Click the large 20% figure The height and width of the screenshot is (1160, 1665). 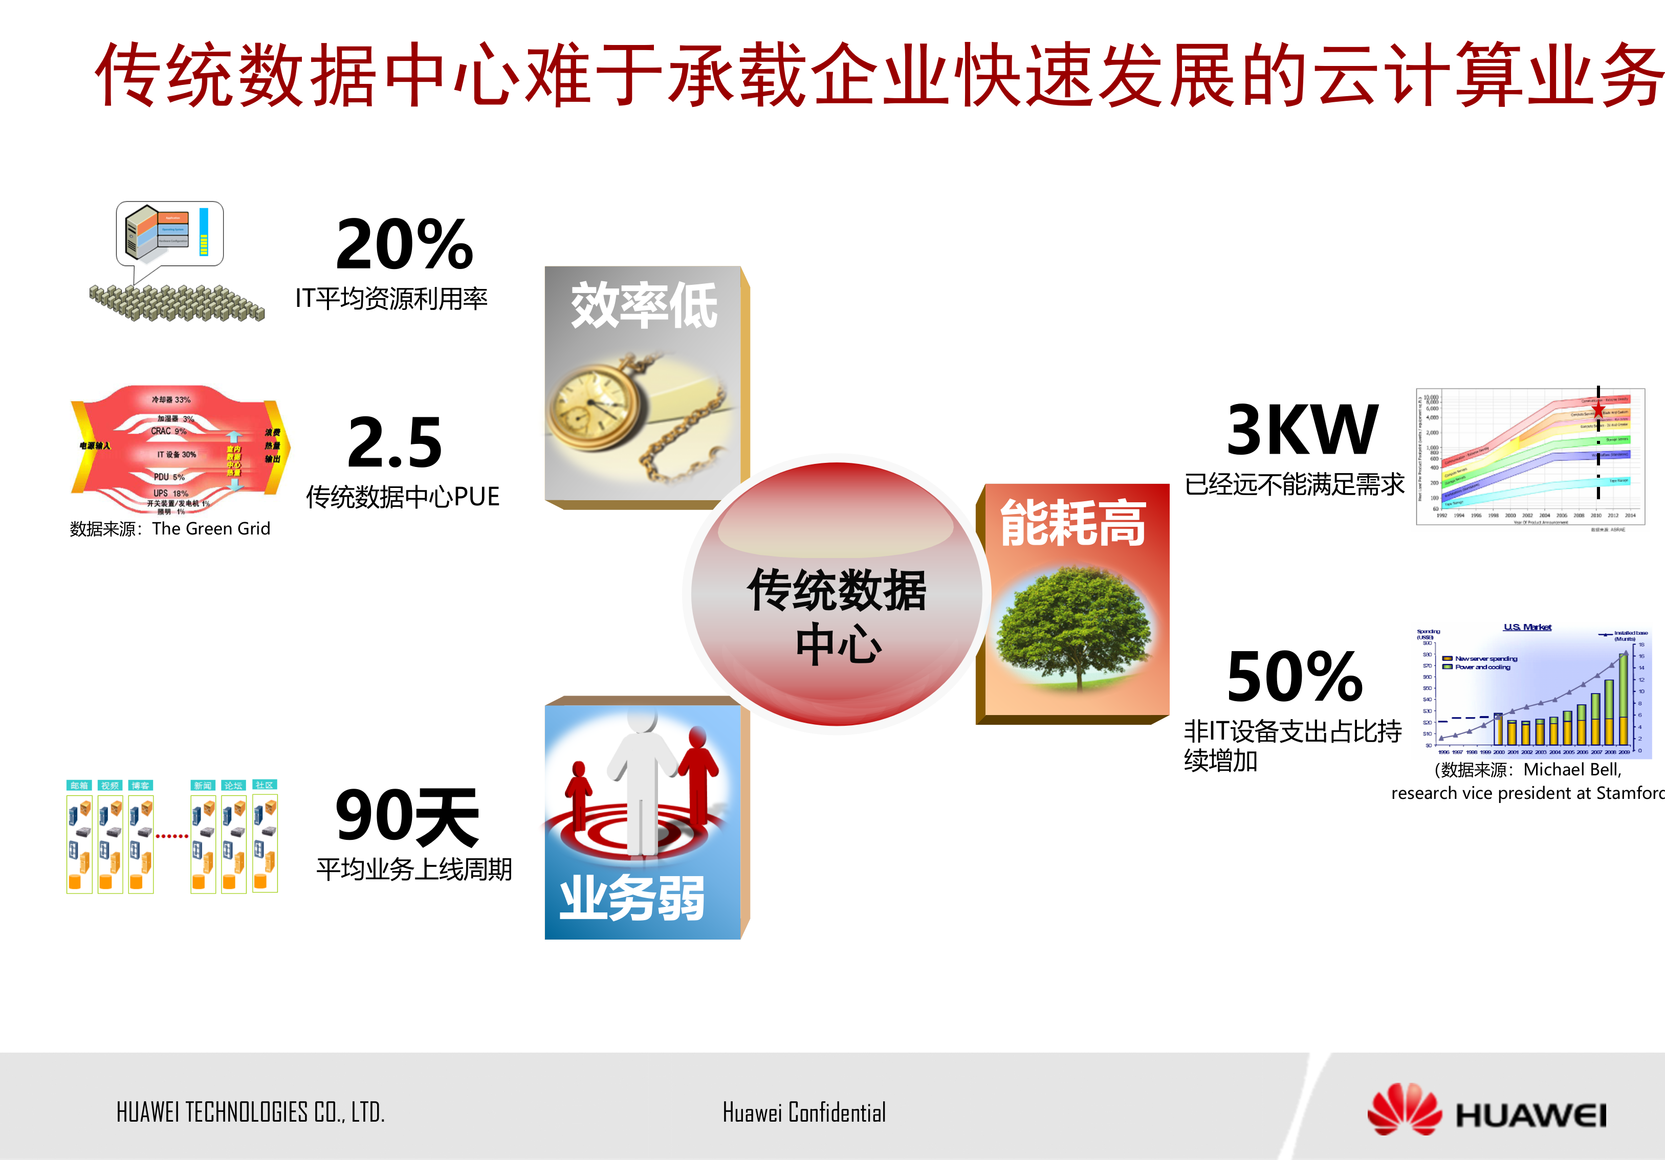coord(405,244)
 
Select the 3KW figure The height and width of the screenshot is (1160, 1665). coord(1302,430)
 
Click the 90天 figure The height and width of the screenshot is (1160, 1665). coord(407,817)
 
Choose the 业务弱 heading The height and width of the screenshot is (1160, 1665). coord(631,898)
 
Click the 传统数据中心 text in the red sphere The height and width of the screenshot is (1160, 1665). coord(838,616)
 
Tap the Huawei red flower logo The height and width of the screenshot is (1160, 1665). coord(1404,1109)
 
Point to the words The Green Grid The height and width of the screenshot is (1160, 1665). coord(211,528)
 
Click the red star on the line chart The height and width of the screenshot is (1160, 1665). coord(1597,410)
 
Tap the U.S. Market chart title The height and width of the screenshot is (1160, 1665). coord(1527,627)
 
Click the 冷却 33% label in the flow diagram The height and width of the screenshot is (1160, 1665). coord(171,399)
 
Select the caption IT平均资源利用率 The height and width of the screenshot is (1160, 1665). coord(391,299)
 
